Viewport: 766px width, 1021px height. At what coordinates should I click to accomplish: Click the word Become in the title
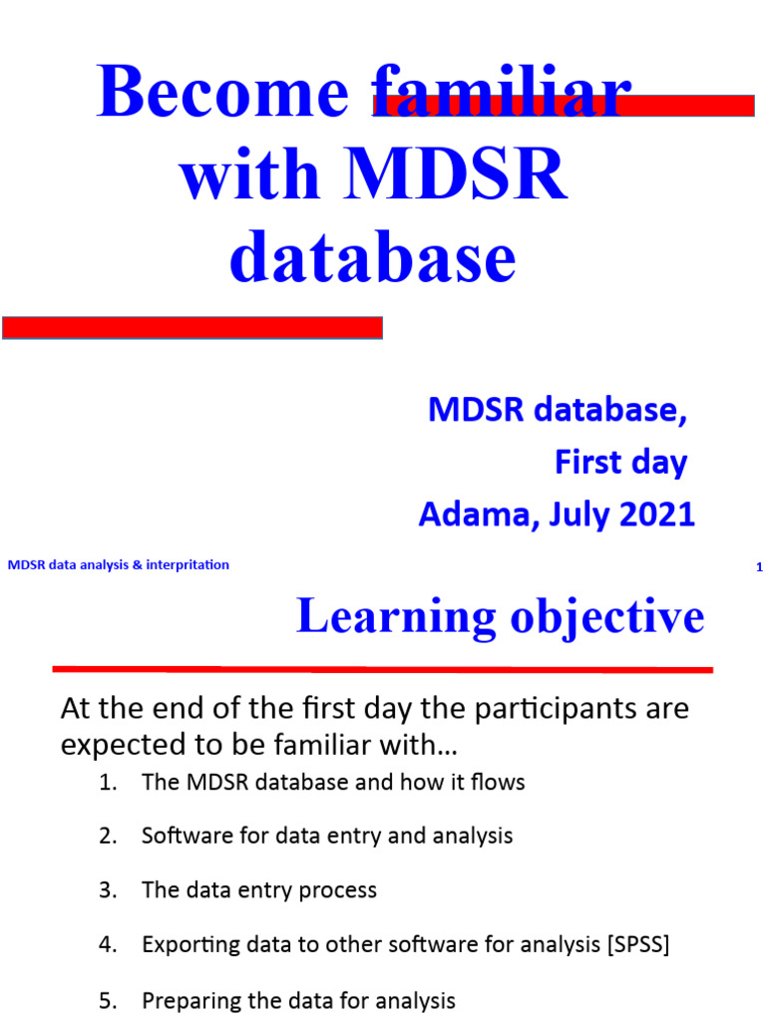[x=222, y=94]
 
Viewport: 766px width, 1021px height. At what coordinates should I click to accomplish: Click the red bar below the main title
[x=192, y=327]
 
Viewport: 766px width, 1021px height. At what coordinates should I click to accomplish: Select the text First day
[x=620, y=463]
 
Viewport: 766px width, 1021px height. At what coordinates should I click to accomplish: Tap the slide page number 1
[x=759, y=567]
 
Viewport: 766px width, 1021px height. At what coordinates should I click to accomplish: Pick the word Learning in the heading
[x=396, y=617]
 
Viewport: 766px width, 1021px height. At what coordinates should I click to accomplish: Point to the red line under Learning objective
[x=382, y=669]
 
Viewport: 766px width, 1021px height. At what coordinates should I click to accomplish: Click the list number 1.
[x=108, y=783]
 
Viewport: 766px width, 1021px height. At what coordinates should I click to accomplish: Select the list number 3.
[x=108, y=889]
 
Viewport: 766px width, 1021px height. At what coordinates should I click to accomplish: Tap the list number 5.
[x=108, y=1000]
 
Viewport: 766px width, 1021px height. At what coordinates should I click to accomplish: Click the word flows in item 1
[x=499, y=783]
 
